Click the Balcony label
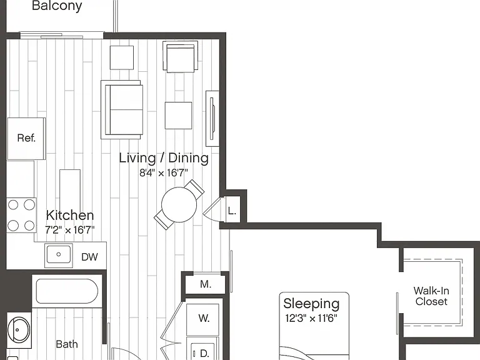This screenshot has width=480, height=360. click(x=57, y=6)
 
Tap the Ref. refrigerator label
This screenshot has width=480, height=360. click(x=26, y=138)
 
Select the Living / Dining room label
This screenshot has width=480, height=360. click(x=164, y=158)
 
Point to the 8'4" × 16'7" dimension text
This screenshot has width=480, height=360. click(x=164, y=173)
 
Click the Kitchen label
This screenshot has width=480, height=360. click(x=70, y=215)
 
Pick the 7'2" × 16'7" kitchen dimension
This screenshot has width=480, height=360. click(x=70, y=229)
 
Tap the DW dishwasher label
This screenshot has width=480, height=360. click(x=90, y=257)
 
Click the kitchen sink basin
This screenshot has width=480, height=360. click(x=59, y=254)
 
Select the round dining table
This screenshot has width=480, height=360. click(x=179, y=205)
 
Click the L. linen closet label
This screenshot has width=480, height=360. click(x=232, y=211)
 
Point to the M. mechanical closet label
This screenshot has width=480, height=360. click(x=206, y=284)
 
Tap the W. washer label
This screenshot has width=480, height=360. click(x=204, y=318)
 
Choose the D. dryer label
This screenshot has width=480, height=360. click(x=204, y=354)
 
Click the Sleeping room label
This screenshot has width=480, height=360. click(x=311, y=304)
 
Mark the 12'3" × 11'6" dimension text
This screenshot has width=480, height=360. click(x=311, y=318)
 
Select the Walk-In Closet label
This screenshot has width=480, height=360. click(x=431, y=296)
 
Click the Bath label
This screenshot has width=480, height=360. click(x=67, y=344)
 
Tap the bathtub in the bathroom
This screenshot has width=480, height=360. click(x=67, y=291)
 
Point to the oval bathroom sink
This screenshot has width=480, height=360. click(x=19, y=330)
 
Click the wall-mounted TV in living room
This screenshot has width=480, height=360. click(x=212, y=118)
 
